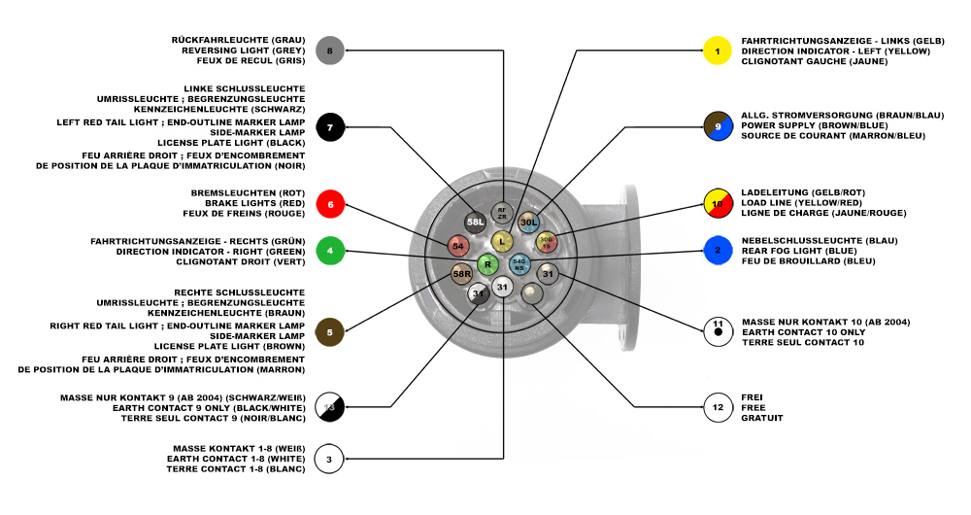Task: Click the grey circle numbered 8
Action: (x=330, y=50)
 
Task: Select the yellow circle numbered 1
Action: (x=718, y=50)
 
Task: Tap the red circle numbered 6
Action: (x=330, y=204)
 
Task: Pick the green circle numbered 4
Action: (x=330, y=251)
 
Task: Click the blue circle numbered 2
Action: (x=718, y=251)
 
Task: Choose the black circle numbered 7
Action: (x=330, y=127)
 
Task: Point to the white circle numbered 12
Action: (x=718, y=407)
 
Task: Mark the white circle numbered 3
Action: (x=330, y=458)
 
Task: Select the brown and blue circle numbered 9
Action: (x=718, y=126)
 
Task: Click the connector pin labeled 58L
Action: (x=476, y=223)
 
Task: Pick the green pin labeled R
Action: (x=488, y=263)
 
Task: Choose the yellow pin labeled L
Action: (x=501, y=240)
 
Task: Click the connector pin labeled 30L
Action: (x=528, y=223)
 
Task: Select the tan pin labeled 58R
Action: (x=462, y=275)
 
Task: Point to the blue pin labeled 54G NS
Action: (x=519, y=263)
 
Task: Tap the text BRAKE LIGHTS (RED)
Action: (x=254, y=203)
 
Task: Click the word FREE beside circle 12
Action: (x=753, y=407)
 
